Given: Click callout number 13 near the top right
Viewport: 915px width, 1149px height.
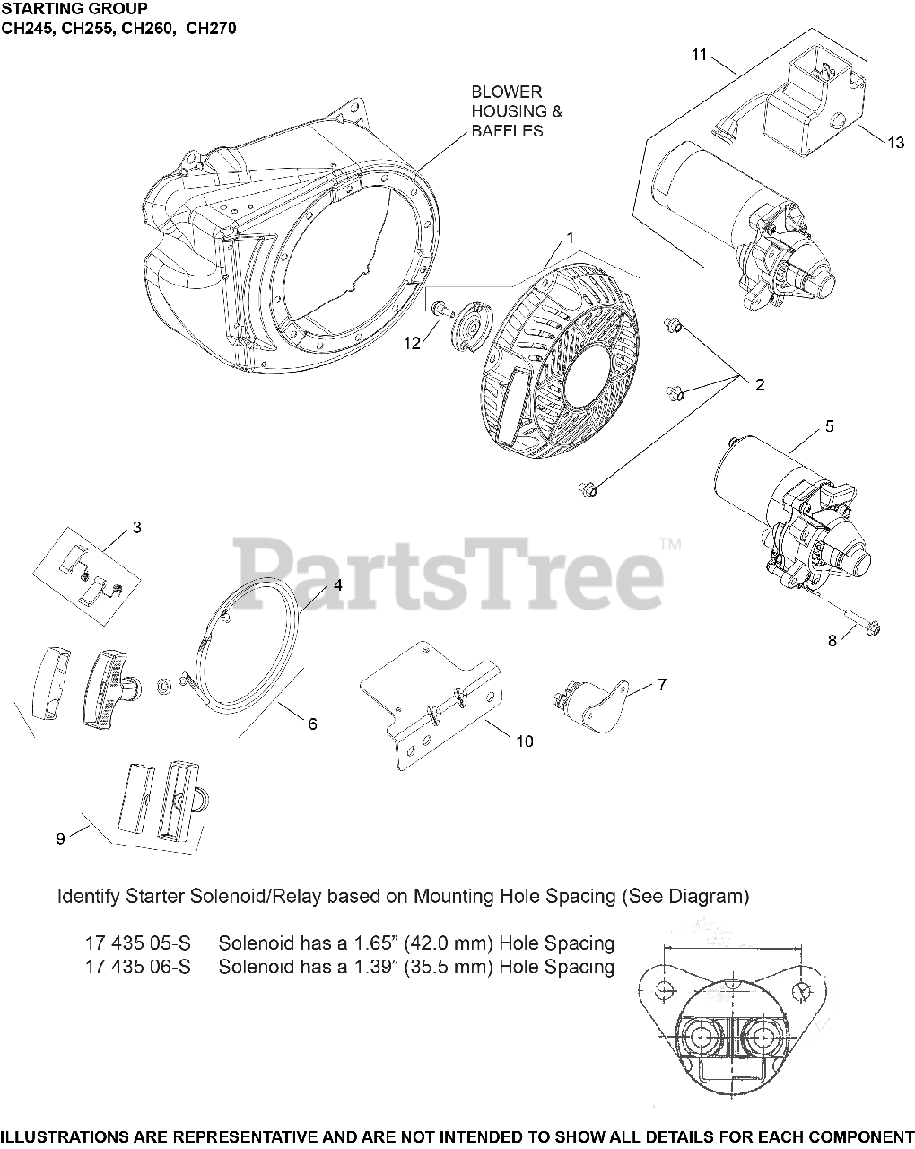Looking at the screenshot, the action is (x=896, y=143).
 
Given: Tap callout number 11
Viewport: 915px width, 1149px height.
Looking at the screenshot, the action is (x=700, y=55).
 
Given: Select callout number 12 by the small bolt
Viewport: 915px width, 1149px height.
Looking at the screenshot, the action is (x=412, y=342).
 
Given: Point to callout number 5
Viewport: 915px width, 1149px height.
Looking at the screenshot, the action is (x=829, y=425).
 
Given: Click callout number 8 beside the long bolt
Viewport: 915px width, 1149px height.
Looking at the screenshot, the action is (x=832, y=641).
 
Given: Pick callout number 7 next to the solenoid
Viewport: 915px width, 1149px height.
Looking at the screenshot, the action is (x=661, y=684).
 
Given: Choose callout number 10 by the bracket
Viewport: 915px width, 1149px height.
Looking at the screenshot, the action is (x=524, y=741).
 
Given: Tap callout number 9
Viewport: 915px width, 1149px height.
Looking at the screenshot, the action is (x=60, y=838).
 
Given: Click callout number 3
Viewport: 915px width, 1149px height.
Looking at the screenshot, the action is (x=136, y=528).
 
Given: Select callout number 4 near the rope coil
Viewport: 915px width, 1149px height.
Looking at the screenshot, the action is (x=337, y=584).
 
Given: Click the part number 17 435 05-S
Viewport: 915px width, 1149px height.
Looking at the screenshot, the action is (x=138, y=943).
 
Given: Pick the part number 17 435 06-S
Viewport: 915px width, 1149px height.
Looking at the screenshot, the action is (x=138, y=967).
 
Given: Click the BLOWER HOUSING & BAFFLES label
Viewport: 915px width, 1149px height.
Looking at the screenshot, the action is (x=508, y=111).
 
